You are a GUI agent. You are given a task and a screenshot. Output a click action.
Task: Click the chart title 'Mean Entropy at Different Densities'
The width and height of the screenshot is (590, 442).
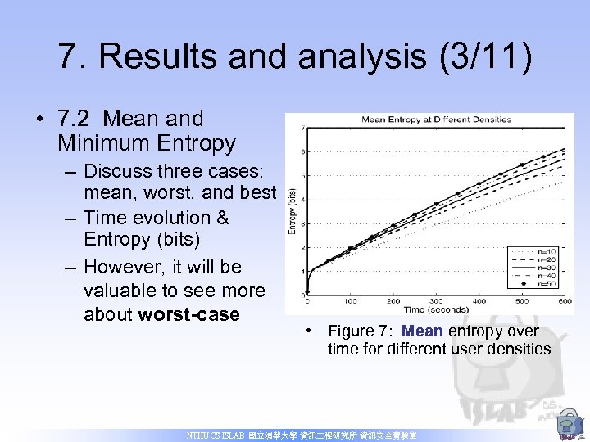click(436, 120)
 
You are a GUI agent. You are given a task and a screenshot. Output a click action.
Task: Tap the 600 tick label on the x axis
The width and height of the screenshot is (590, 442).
click(565, 301)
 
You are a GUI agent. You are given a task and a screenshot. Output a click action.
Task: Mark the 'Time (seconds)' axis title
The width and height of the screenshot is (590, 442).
click(435, 309)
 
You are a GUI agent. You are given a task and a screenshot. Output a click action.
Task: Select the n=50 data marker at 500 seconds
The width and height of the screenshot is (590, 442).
click(523, 165)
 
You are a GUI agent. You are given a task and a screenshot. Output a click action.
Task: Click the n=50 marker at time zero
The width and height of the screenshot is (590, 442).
click(307, 292)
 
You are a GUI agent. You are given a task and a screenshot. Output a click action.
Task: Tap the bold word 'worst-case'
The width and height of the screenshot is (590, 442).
click(189, 314)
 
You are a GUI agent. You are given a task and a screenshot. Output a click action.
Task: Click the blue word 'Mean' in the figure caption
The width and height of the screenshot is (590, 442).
click(422, 331)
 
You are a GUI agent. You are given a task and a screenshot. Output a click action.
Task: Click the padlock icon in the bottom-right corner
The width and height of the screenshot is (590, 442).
click(567, 426)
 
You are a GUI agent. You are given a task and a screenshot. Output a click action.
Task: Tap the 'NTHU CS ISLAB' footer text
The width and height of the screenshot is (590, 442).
click(217, 436)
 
